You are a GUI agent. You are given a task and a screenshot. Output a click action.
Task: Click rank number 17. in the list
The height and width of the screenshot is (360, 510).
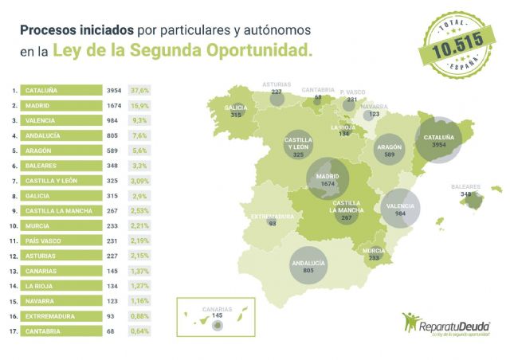[13, 331]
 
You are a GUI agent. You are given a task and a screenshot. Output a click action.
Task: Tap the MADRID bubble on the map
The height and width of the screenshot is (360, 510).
[328, 180]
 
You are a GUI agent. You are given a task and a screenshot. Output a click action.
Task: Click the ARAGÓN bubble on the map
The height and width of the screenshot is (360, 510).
[389, 151]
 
